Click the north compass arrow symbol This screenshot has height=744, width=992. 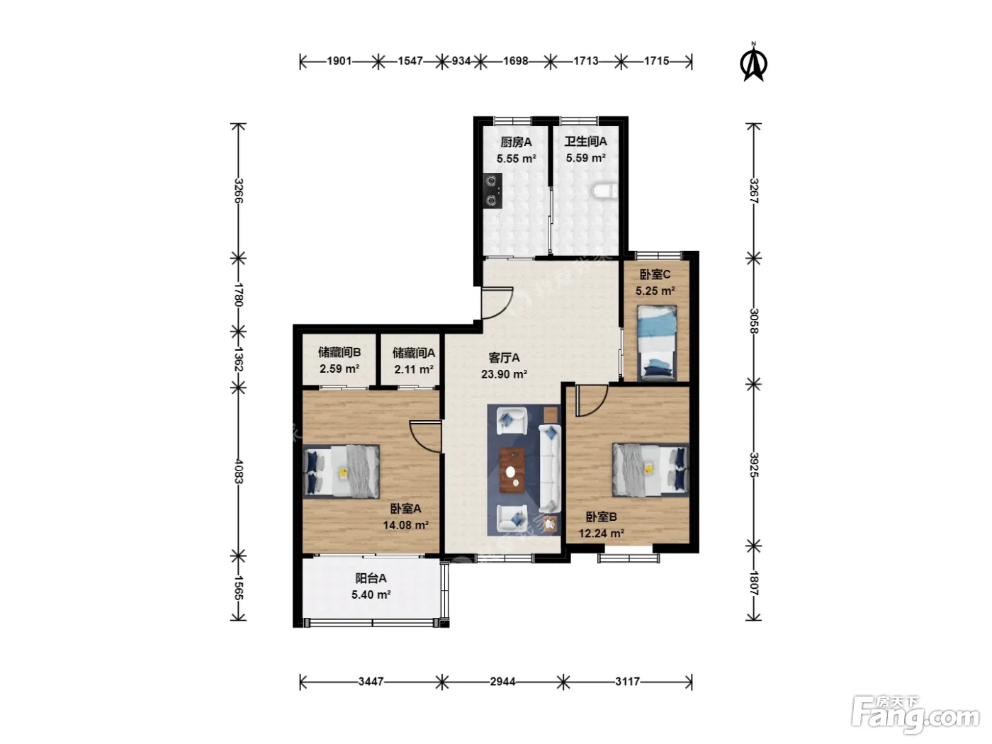(753, 63)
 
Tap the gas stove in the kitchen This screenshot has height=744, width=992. (492, 191)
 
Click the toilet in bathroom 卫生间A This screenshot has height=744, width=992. (604, 190)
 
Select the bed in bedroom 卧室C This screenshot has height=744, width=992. (657, 343)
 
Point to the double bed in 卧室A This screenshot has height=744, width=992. (342, 472)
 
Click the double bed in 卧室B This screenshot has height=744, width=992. (650, 470)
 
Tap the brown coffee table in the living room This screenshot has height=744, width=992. (512, 470)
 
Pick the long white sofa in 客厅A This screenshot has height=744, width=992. (550, 468)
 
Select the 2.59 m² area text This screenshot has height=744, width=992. (339, 369)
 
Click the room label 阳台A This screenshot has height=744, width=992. (371, 578)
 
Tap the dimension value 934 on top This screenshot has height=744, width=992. (461, 61)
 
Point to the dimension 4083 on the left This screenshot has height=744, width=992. (239, 472)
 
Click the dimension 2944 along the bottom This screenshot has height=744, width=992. (502, 682)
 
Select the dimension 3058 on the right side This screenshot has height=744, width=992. (754, 321)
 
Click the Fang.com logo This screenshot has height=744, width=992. (915, 716)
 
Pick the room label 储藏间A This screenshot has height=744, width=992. (414, 352)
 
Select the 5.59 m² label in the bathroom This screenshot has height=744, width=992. (586, 158)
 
